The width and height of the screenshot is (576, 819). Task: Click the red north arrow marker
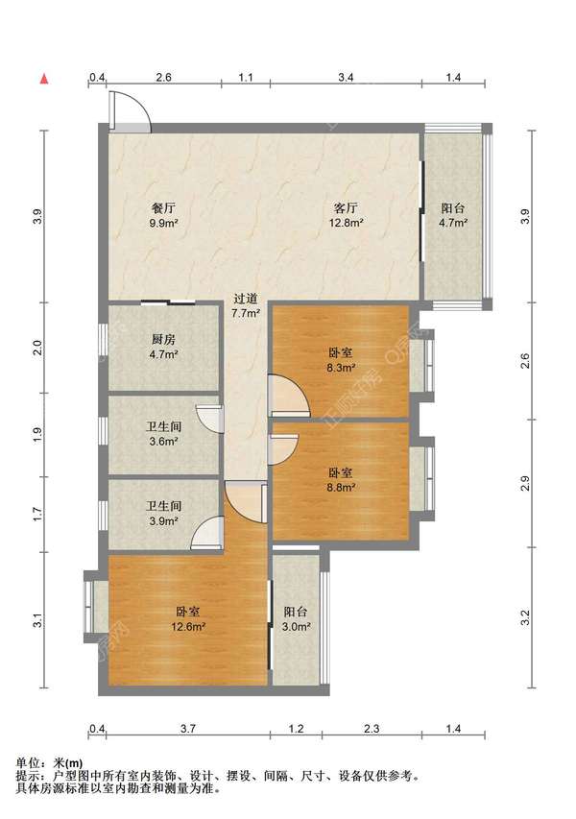click(x=45, y=79)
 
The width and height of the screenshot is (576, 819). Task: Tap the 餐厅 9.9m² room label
click(x=163, y=215)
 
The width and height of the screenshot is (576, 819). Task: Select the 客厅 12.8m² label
click(x=347, y=215)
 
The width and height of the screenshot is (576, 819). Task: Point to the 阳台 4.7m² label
click(x=453, y=215)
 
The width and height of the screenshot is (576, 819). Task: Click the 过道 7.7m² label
click(x=246, y=305)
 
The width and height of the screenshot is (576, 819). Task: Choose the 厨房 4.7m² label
click(x=163, y=347)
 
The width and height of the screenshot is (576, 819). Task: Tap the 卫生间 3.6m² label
click(x=163, y=434)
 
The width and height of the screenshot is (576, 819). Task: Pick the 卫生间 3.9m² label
click(x=163, y=513)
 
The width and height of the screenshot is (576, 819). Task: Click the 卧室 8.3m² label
click(x=341, y=360)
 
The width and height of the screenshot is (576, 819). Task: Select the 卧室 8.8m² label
click(x=341, y=480)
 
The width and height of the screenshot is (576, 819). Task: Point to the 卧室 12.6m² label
click(x=188, y=618)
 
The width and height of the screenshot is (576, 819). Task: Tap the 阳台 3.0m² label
click(x=296, y=618)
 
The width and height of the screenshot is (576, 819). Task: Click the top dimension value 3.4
click(x=346, y=78)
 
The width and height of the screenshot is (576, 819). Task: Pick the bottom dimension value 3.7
click(x=188, y=728)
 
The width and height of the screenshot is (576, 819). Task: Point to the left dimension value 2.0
click(x=36, y=347)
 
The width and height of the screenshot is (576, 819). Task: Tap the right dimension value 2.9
click(x=525, y=483)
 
